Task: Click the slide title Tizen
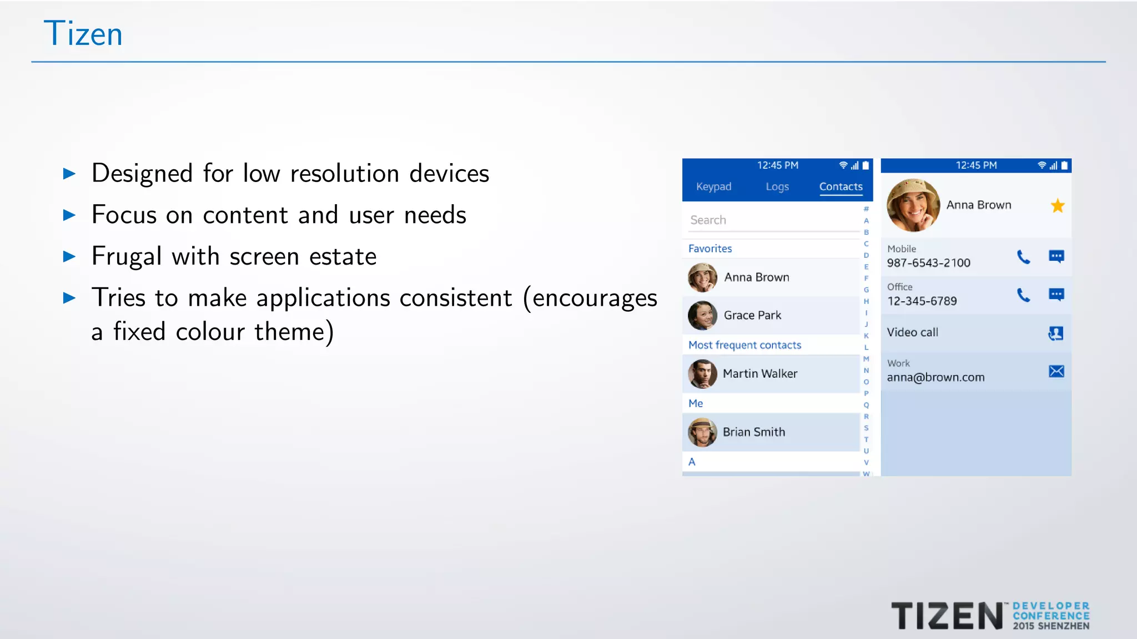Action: coord(83,34)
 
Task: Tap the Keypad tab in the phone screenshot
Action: coord(713,187)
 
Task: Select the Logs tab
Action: coord(777,187)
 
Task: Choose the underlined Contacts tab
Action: coord(841,187)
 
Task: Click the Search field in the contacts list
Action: coord(772,220)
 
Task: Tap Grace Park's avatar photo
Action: coord(702,315)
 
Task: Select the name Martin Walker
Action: coord(759,374)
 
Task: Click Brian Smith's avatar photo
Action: coord(702,432)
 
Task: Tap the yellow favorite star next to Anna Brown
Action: coord(1057,206)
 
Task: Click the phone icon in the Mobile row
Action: coord(1023,257)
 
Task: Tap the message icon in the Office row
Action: coord(1056,295)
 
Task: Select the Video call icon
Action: coord(1055,333)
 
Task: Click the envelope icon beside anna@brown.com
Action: coord(1056,371)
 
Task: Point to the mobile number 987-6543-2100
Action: coord(928,263)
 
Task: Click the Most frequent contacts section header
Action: coord(744,345)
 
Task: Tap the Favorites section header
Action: coord(710,248)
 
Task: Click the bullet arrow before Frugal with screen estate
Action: coord(69,256)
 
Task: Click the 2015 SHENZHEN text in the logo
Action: coord(1051,626)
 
